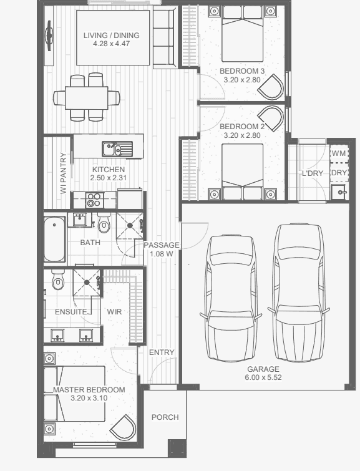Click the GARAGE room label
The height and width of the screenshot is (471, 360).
pos(263,369)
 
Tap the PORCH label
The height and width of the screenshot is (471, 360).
pos(165,417)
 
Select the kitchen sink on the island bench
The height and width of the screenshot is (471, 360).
pos(117,148)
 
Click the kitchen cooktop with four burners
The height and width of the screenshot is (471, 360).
pos(94,200)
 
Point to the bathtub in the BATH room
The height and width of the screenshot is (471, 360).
pos(55,239)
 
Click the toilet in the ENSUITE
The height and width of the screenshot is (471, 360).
pos(57,279)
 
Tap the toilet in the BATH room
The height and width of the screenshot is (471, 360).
pos(104,223)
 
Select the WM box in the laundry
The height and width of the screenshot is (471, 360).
pos(339,153)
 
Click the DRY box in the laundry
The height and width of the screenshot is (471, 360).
pos(339,172)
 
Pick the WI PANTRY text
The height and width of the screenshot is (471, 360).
pos(63,173)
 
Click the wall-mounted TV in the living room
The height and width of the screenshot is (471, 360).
pos(49,36)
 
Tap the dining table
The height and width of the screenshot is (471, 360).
pos(87,98)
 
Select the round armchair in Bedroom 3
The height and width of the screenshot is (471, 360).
pos(271,87)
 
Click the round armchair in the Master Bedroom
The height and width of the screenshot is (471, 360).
pos(123,428)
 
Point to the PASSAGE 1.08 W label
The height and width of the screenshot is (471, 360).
pos(162,250)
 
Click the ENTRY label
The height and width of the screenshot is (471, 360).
pos(162,352)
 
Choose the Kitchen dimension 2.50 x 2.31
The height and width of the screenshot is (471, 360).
pos(109,178)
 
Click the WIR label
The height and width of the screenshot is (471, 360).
pos(114,311)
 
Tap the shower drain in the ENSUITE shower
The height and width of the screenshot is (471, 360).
pos(87,283)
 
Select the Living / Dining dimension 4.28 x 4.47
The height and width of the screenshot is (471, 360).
pos(112,44)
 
